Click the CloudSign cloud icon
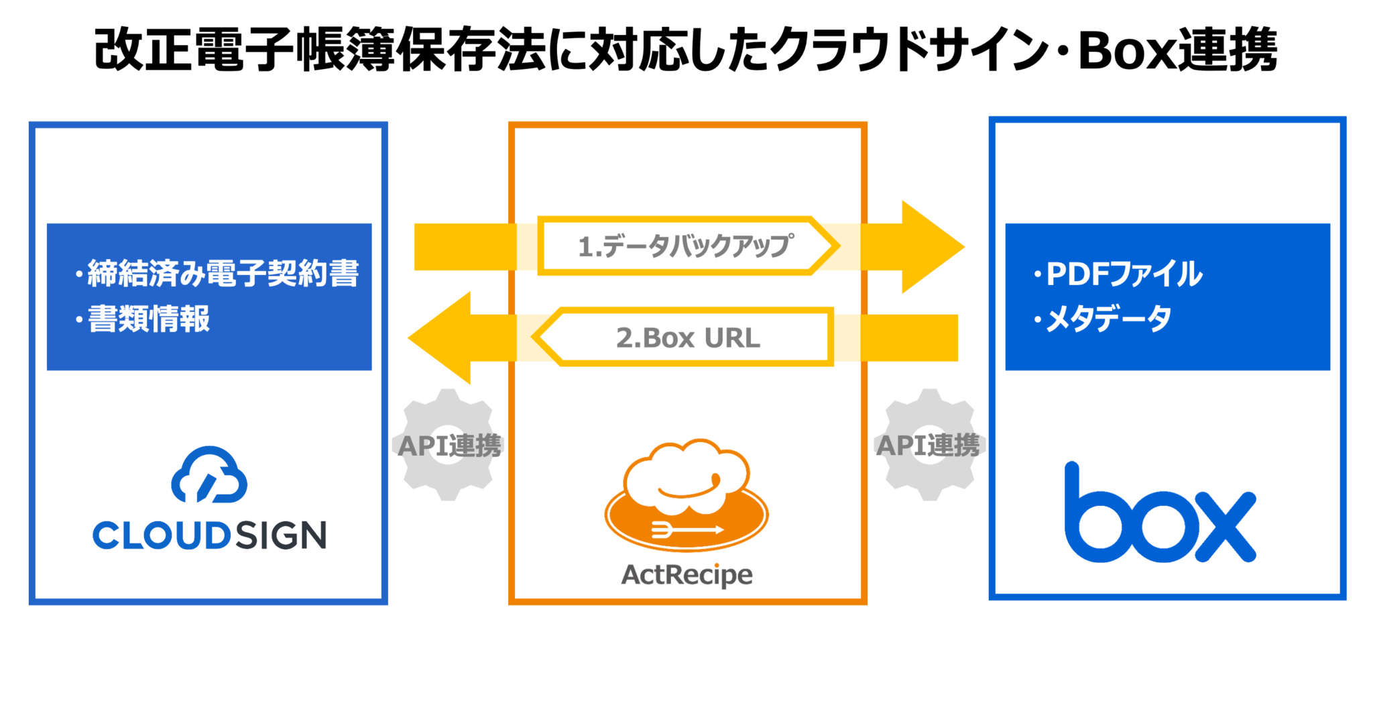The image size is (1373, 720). pyautogui.click(x=209, y=475)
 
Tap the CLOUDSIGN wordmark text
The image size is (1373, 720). pyautogui.click(x=209, y=535)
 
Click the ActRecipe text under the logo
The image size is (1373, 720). pyautogui.click(x=686, y=574)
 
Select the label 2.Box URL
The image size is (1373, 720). pyautogui.click(x=688, y=338)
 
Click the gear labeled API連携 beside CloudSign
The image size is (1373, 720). pyautogui.click(x=448, y=445)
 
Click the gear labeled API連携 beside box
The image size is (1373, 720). pyautogui.click(x=929, y=445)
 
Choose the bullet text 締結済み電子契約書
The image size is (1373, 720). pyautogui.click(x=223, y=273)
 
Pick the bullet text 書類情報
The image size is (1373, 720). pyautogui.click(x=149, y=319)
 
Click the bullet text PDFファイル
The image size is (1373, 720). pyautogui.click(x=1124, y=274)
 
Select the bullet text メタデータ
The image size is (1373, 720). pyautogui.click(x=1108, y=318)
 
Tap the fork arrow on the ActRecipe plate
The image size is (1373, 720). pyautogui.click(x=686, y=529)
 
